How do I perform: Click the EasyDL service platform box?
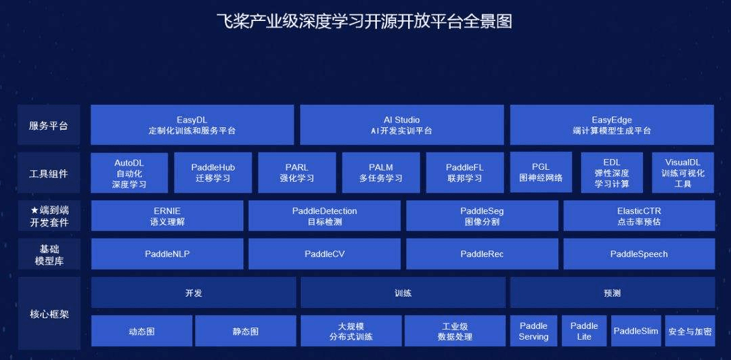click(192, 125)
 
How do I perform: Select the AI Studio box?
click(401, 125)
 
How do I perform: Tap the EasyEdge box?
click(611, 125)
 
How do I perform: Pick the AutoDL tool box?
click(129, 173)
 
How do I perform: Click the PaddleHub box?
click(213, 173)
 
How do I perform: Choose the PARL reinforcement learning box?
click(296, 173)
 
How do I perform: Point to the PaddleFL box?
click(464, 173)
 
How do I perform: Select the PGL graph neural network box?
click(541, 173)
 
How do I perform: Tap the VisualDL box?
click(682, 173)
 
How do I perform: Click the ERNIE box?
click(167, 216)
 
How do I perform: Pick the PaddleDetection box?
click(324, 216)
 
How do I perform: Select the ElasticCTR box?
click(638, 216)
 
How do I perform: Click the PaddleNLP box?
click(167, 254)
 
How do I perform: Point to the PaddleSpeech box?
click(638, 254)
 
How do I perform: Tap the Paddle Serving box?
click(533, 331)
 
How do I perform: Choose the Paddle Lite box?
click(584, 331)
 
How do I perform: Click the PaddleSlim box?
click(636, 331)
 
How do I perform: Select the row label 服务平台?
click(49, 125)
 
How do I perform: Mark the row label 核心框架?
click(49, 314)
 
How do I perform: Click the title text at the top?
click(364, 22)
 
